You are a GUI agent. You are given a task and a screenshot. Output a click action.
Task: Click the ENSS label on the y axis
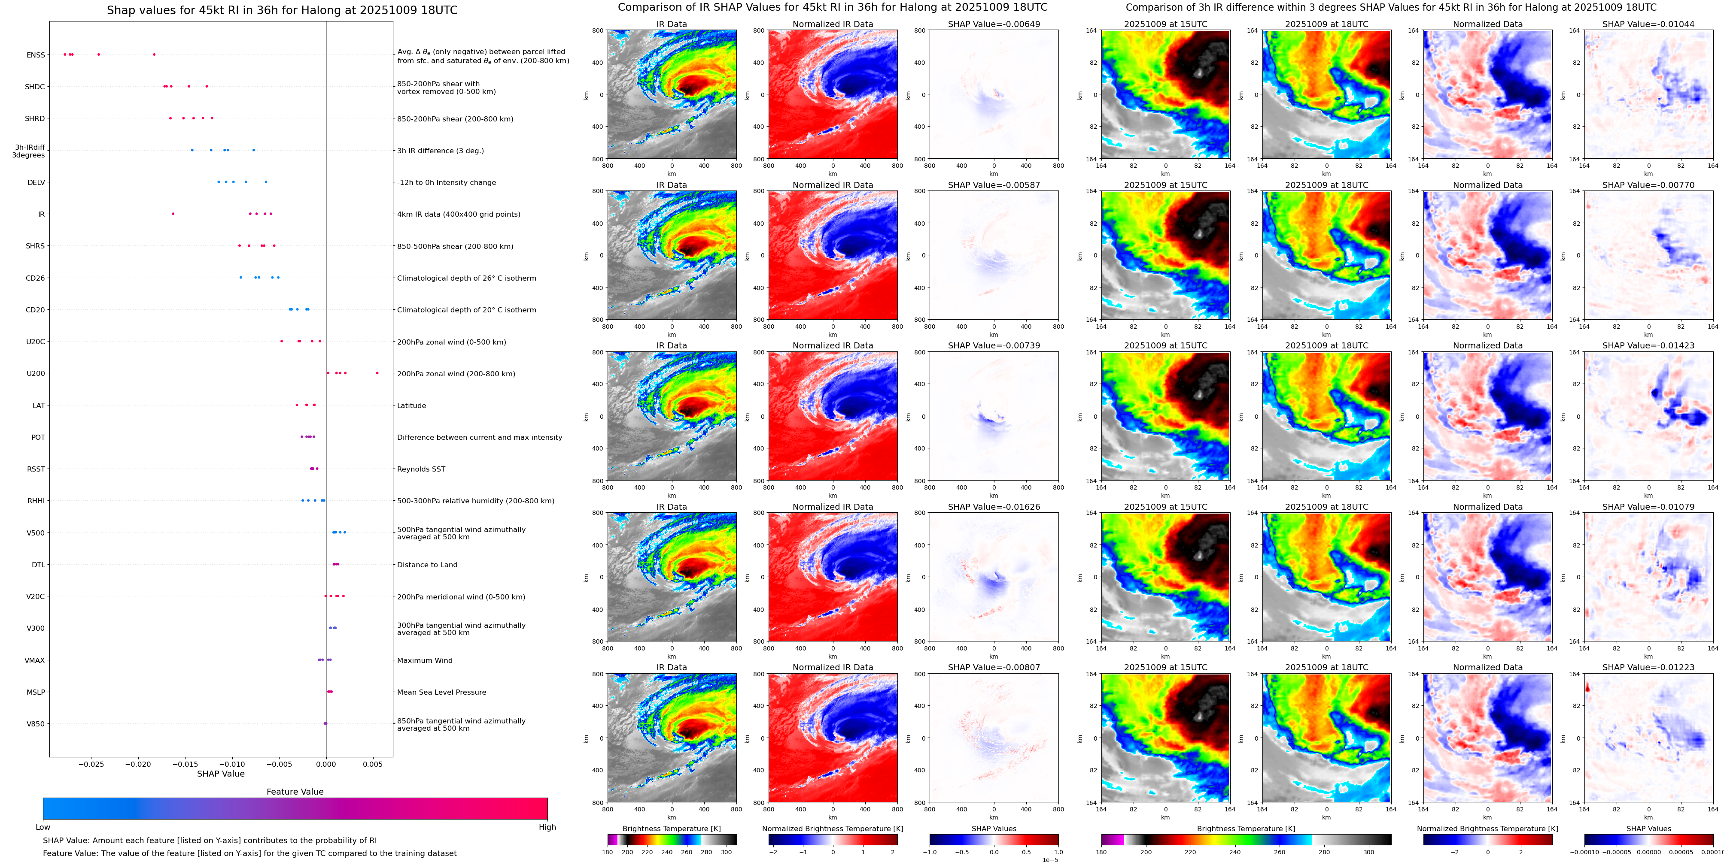pos(36,55)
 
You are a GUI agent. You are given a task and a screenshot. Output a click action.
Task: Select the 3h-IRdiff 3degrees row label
pos(30,151)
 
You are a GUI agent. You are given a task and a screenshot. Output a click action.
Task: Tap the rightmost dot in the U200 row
pos(377,373)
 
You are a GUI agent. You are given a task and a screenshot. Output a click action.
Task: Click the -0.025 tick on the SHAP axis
pos(92,764)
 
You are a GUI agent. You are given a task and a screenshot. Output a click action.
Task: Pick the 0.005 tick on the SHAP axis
pos(373,764)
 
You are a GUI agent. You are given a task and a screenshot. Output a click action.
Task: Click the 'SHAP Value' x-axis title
pos(221,774)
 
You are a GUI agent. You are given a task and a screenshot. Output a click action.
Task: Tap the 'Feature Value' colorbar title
pos(295,792)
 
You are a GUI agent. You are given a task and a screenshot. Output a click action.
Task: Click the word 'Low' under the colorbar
pos(43,827)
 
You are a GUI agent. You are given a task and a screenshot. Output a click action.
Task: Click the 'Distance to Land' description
pos(427,565)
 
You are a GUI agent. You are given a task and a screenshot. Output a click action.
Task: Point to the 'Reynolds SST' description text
pos(421,469)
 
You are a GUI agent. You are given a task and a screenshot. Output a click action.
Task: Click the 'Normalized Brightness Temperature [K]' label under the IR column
pos(833,829)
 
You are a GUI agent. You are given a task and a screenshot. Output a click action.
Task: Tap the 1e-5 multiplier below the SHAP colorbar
pos(1050,859)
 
